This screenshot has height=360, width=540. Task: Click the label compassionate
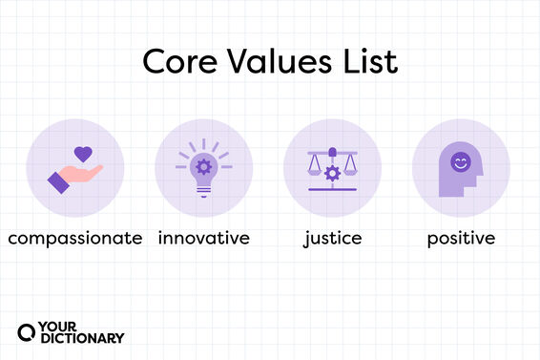click(74, 237)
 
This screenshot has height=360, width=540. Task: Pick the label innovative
click(204, 237)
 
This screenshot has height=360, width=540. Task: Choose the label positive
click(462, 237)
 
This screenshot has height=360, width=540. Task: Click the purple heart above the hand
click(83, 153)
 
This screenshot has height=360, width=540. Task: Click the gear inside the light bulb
click(202, 165)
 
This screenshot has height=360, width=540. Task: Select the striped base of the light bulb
click(202, 188)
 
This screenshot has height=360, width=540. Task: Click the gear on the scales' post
click(332, 173)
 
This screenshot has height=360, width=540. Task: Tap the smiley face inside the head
click(461, 162)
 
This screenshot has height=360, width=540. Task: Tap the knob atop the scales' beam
click(332, 150)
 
